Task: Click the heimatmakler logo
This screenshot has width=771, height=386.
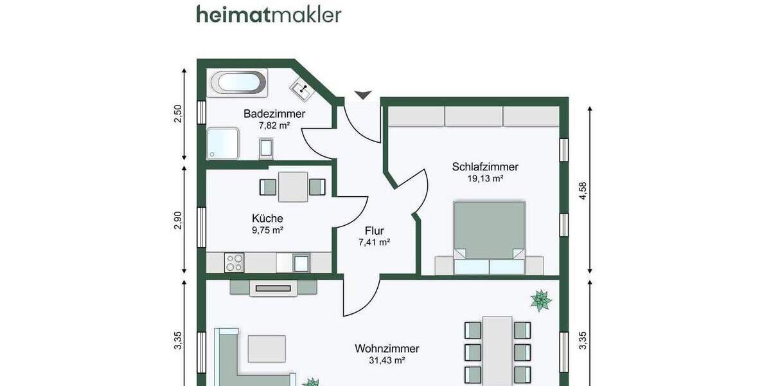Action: point(269,14)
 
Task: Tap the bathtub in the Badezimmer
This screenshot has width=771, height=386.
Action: point(237,82)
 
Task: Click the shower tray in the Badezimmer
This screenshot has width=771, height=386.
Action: point(223,143)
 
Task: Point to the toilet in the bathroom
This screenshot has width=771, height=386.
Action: point(266,149)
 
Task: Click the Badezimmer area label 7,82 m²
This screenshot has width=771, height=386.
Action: point(274,125)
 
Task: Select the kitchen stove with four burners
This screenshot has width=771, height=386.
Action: point(234,262)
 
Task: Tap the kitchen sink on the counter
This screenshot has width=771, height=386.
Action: point(301,262)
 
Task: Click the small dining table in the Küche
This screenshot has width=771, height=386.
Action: point(292,187)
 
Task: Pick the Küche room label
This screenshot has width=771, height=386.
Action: point(268,218)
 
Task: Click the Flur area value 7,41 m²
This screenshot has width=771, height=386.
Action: point(374,243)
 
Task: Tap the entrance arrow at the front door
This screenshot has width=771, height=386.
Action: point(363,95)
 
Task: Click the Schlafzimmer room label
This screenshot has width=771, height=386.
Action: point(485,167)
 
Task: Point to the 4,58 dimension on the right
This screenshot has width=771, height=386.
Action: point(583,191)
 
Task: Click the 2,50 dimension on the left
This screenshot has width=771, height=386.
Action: point(178,113)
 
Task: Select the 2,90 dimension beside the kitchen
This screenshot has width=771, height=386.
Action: point(178,219)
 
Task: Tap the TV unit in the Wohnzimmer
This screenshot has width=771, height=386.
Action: point(273,288)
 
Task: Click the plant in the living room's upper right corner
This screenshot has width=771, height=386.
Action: point(541,300)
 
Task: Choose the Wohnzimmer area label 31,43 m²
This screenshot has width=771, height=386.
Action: point(387,361)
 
